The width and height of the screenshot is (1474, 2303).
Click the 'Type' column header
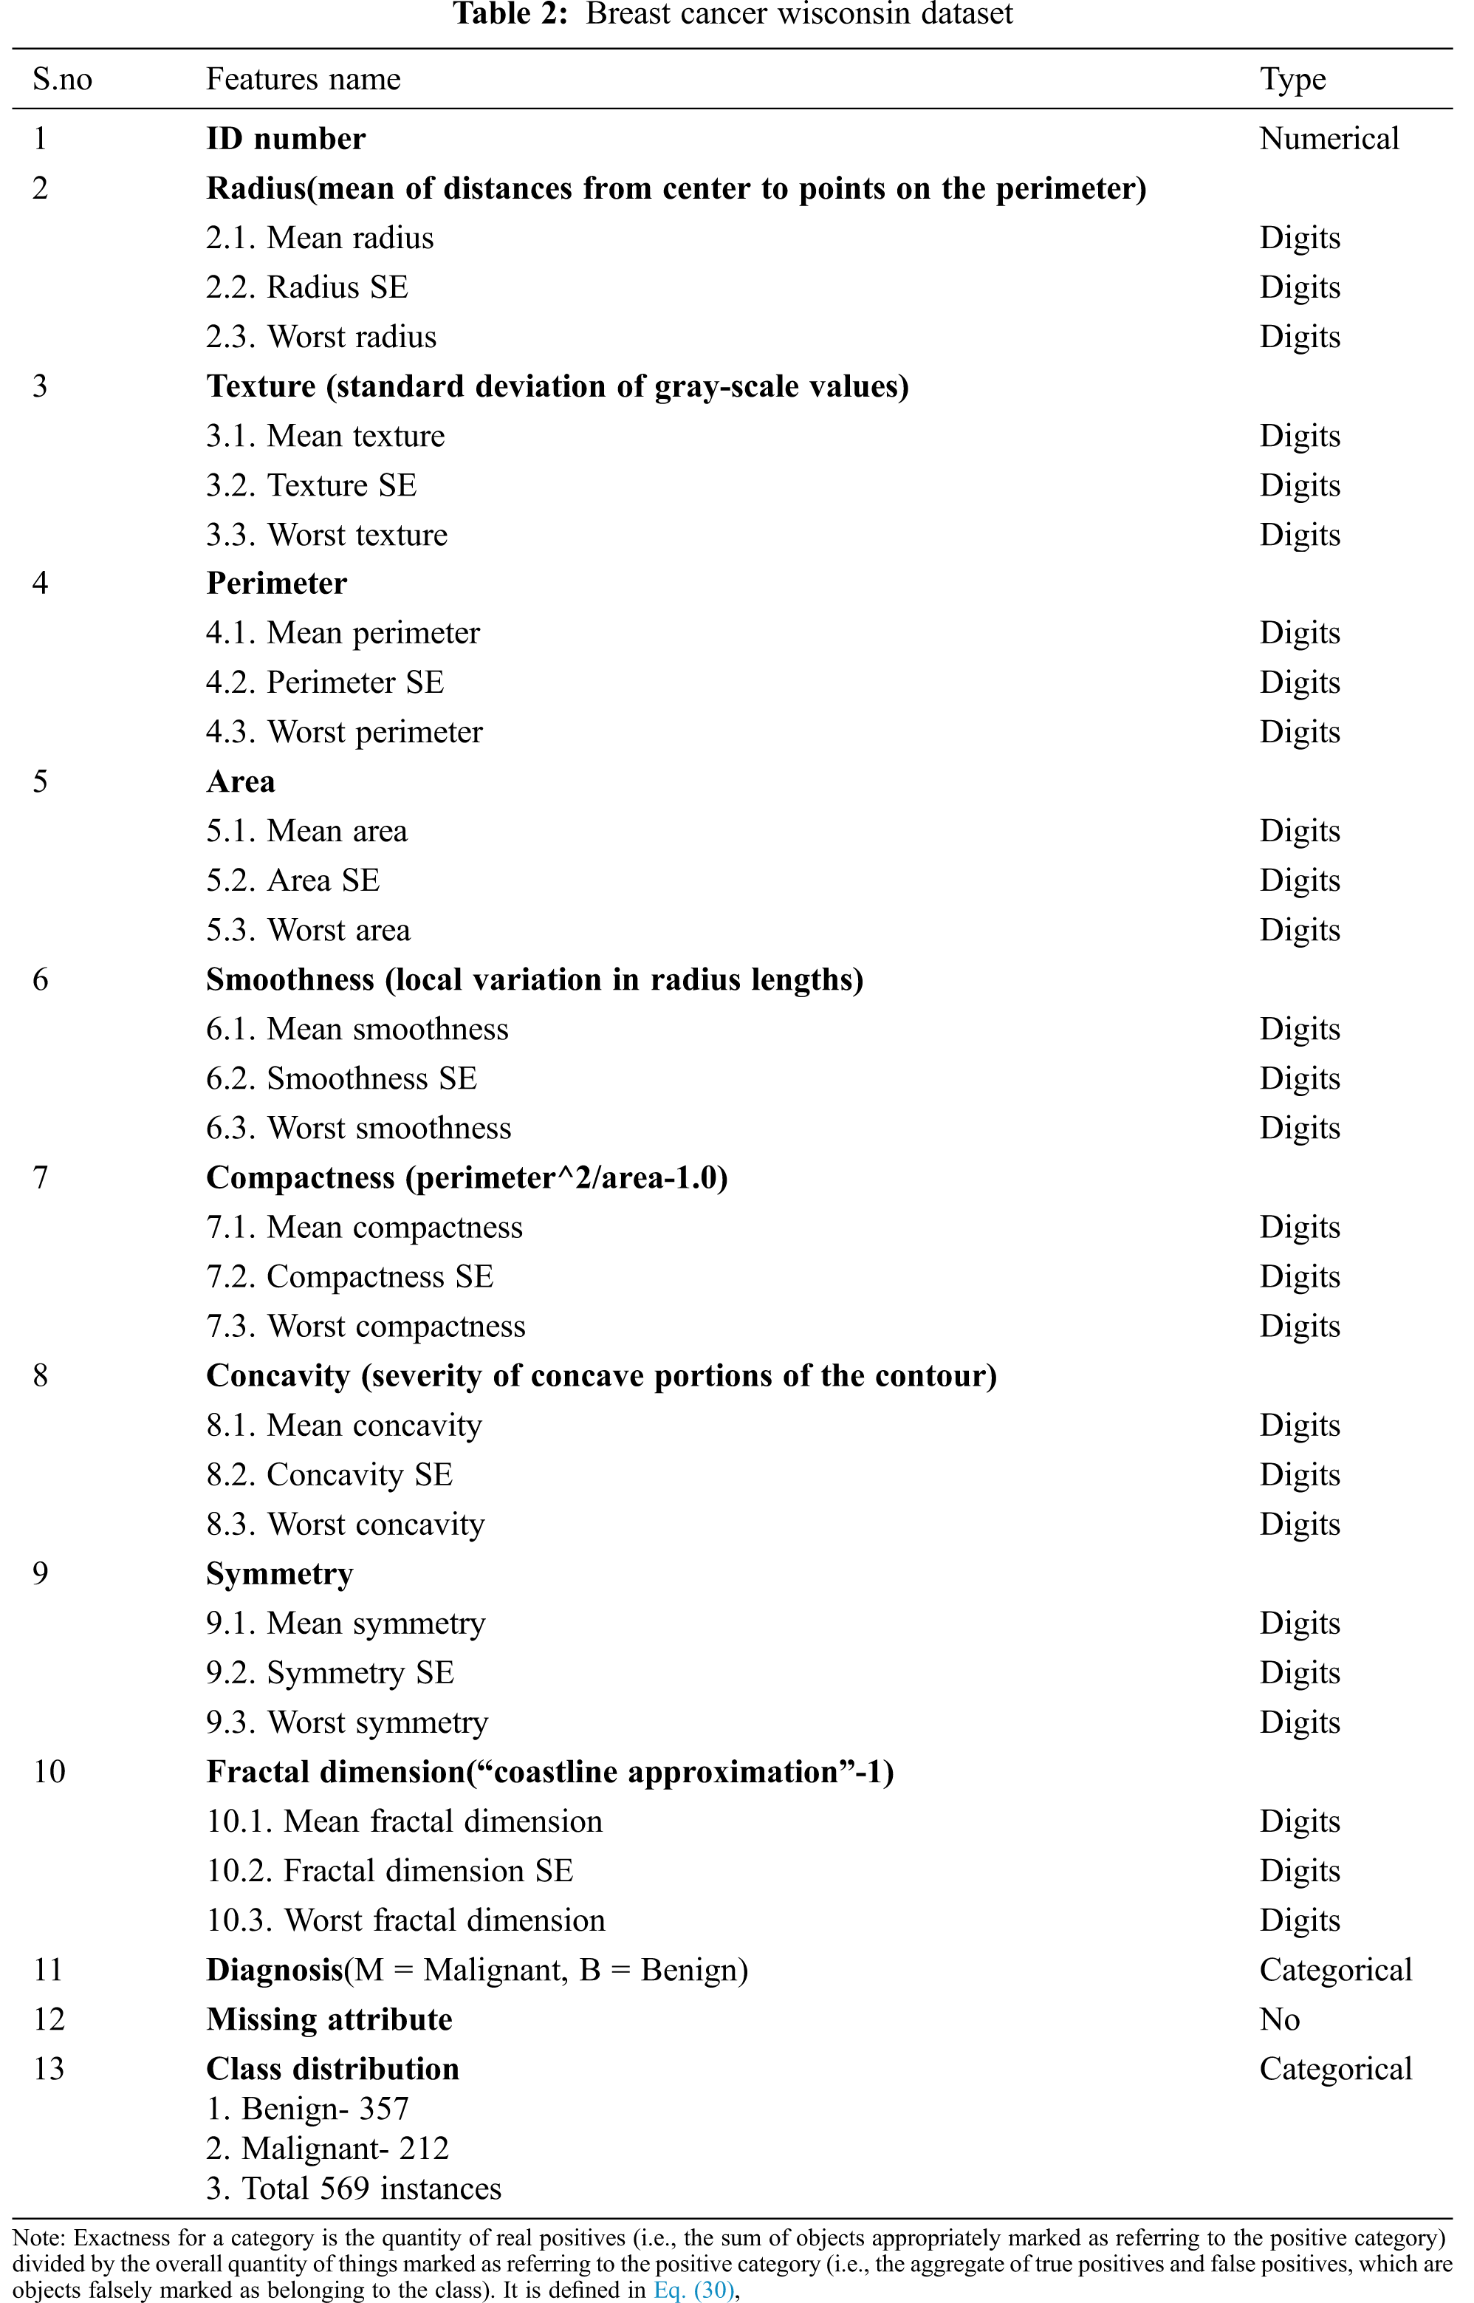tap(1292, 80)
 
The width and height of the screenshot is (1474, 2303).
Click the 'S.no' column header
tap(62, 80)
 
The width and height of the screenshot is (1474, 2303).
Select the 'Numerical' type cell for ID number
tap(1329, 139)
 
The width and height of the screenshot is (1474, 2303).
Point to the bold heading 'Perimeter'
tap(277, 583)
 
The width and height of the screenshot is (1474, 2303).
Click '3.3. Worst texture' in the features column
tap(326, 534)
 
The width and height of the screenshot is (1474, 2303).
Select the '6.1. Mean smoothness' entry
tap(357, 1029)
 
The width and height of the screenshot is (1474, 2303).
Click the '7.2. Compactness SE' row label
tap(349, 1277)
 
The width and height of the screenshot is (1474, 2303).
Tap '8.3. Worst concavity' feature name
tap(345, 1524)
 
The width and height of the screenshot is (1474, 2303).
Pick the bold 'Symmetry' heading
tap(279, 1574)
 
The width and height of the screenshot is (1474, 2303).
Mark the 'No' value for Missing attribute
tap(1279, 2019)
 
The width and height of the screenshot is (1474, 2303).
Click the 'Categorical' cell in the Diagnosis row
tap(1335, 1969)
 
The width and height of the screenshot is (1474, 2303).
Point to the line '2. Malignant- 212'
tap(327, 2148)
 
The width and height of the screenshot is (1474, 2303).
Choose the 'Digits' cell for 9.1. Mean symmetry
tap(1299, 1623)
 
